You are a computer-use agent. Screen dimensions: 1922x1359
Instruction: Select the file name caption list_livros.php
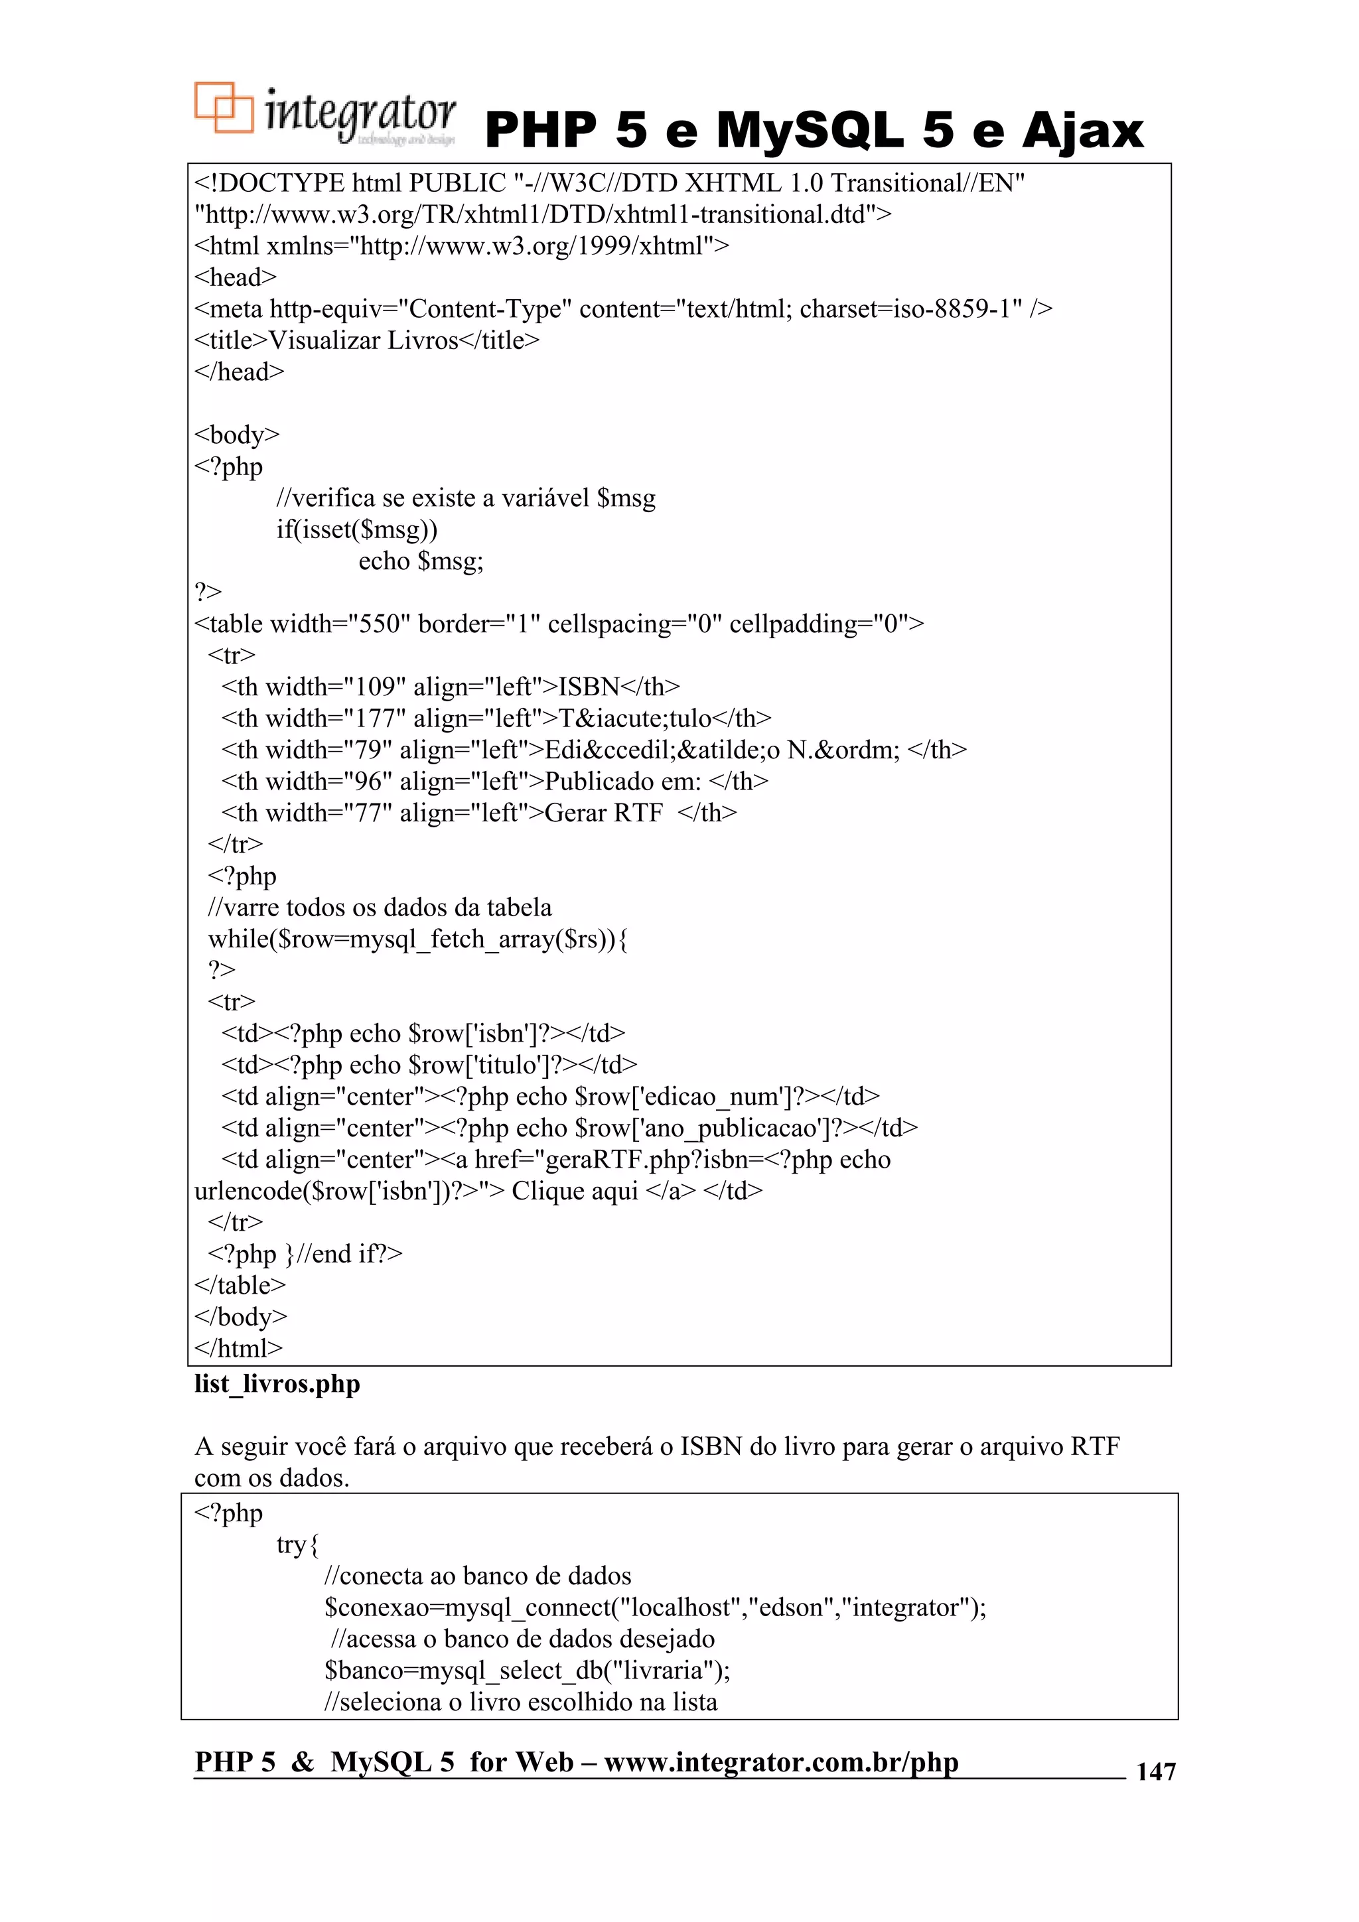277,1384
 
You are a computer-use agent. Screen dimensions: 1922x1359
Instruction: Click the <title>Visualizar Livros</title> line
367,341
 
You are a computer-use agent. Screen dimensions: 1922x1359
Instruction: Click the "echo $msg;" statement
420,561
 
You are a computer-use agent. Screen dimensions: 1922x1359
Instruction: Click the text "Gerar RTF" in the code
603,813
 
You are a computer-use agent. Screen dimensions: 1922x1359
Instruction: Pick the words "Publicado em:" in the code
622,782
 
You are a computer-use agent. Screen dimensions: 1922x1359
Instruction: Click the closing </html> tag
239,1349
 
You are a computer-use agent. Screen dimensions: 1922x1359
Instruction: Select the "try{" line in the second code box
297,1544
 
